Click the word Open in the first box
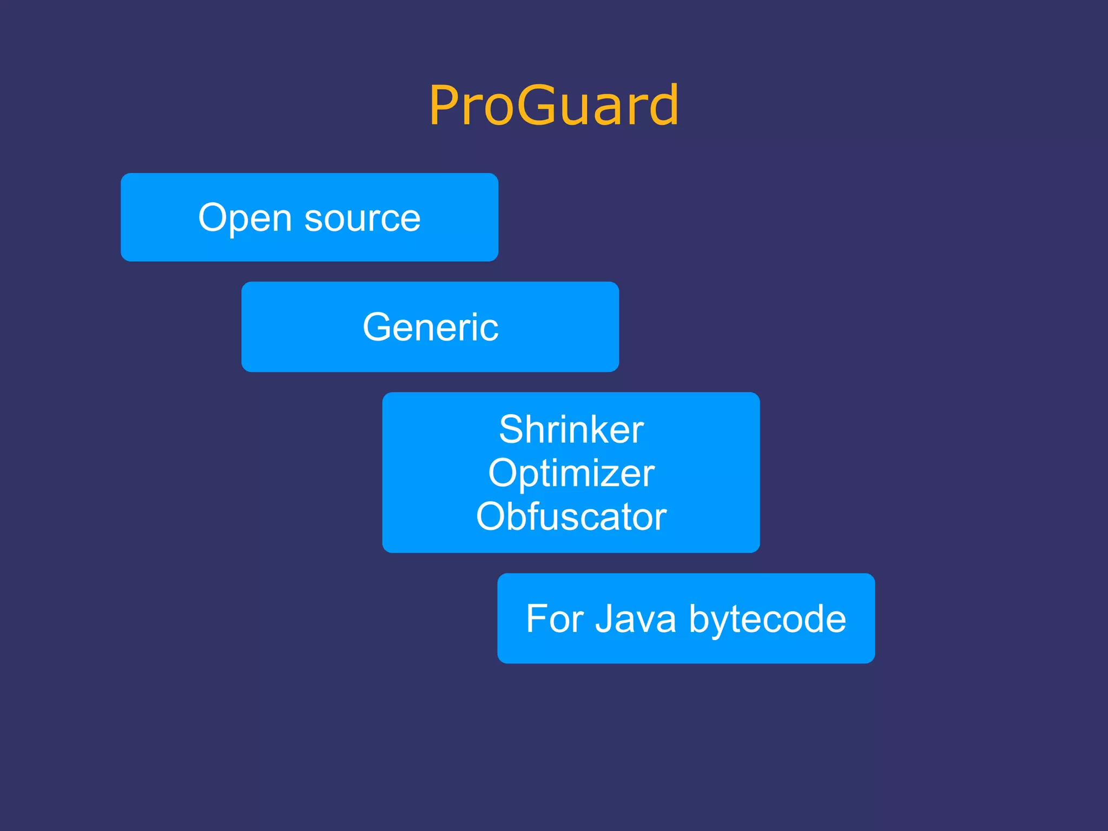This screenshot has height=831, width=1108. [x=245, y=218]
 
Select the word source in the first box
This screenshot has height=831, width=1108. [x=362, y=218]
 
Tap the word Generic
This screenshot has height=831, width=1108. [x=430, y=327]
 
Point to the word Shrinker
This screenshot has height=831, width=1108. [x=571, y=429]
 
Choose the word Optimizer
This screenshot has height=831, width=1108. [x=571, y=473]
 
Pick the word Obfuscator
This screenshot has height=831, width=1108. [x=571, y=516]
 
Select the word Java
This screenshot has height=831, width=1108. [x=636, y=619]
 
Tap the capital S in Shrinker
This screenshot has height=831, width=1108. [x=512, y=429]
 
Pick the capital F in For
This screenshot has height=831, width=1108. [x=536, y=619]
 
